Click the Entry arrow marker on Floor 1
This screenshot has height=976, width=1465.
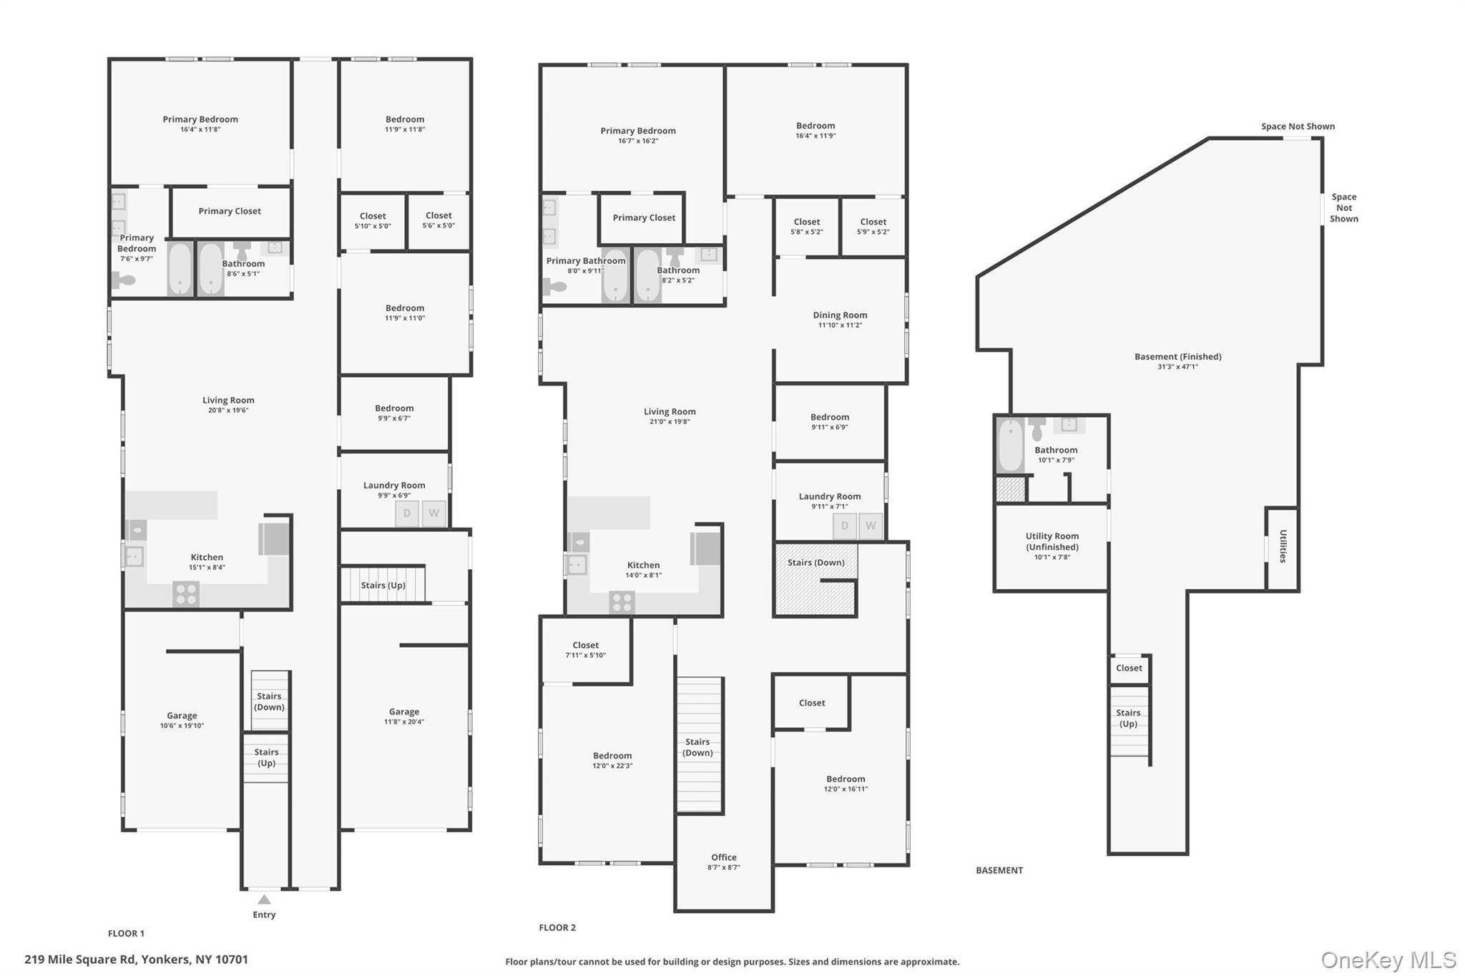(x=264, y=899)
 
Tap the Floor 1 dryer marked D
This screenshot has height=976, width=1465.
(x=406, y=513)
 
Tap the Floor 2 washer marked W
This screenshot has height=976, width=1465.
(x=871, y=526)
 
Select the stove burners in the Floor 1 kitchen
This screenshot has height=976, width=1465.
(x=186, y=594)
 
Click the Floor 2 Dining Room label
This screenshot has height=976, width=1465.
(x=840, y=315)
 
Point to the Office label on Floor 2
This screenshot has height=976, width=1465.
(x=723, y=857)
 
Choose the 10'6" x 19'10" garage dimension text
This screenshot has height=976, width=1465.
(x=182, y=726)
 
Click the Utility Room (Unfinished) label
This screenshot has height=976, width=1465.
(x=1052, y=541)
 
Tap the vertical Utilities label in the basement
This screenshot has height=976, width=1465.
(x=1283, y=546)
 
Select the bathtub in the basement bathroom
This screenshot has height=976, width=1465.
(x=1010, y=445)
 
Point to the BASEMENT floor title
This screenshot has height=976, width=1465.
(x=999, y=870)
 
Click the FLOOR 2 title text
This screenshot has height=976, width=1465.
(x=557, y=927)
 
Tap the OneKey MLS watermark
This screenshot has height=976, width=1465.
(x=1388, y=960)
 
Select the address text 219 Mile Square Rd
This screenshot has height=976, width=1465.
(x=136, y=960)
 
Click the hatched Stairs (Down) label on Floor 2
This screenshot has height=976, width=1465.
(x=815, y=563)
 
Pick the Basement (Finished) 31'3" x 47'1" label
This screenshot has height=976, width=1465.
(x=1177, y=361)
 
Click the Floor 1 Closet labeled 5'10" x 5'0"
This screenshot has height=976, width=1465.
(x=372, y=220)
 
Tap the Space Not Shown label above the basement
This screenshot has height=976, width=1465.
(x=1297, y=127)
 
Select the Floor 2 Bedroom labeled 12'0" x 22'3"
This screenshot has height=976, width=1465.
(x=612, y=760)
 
